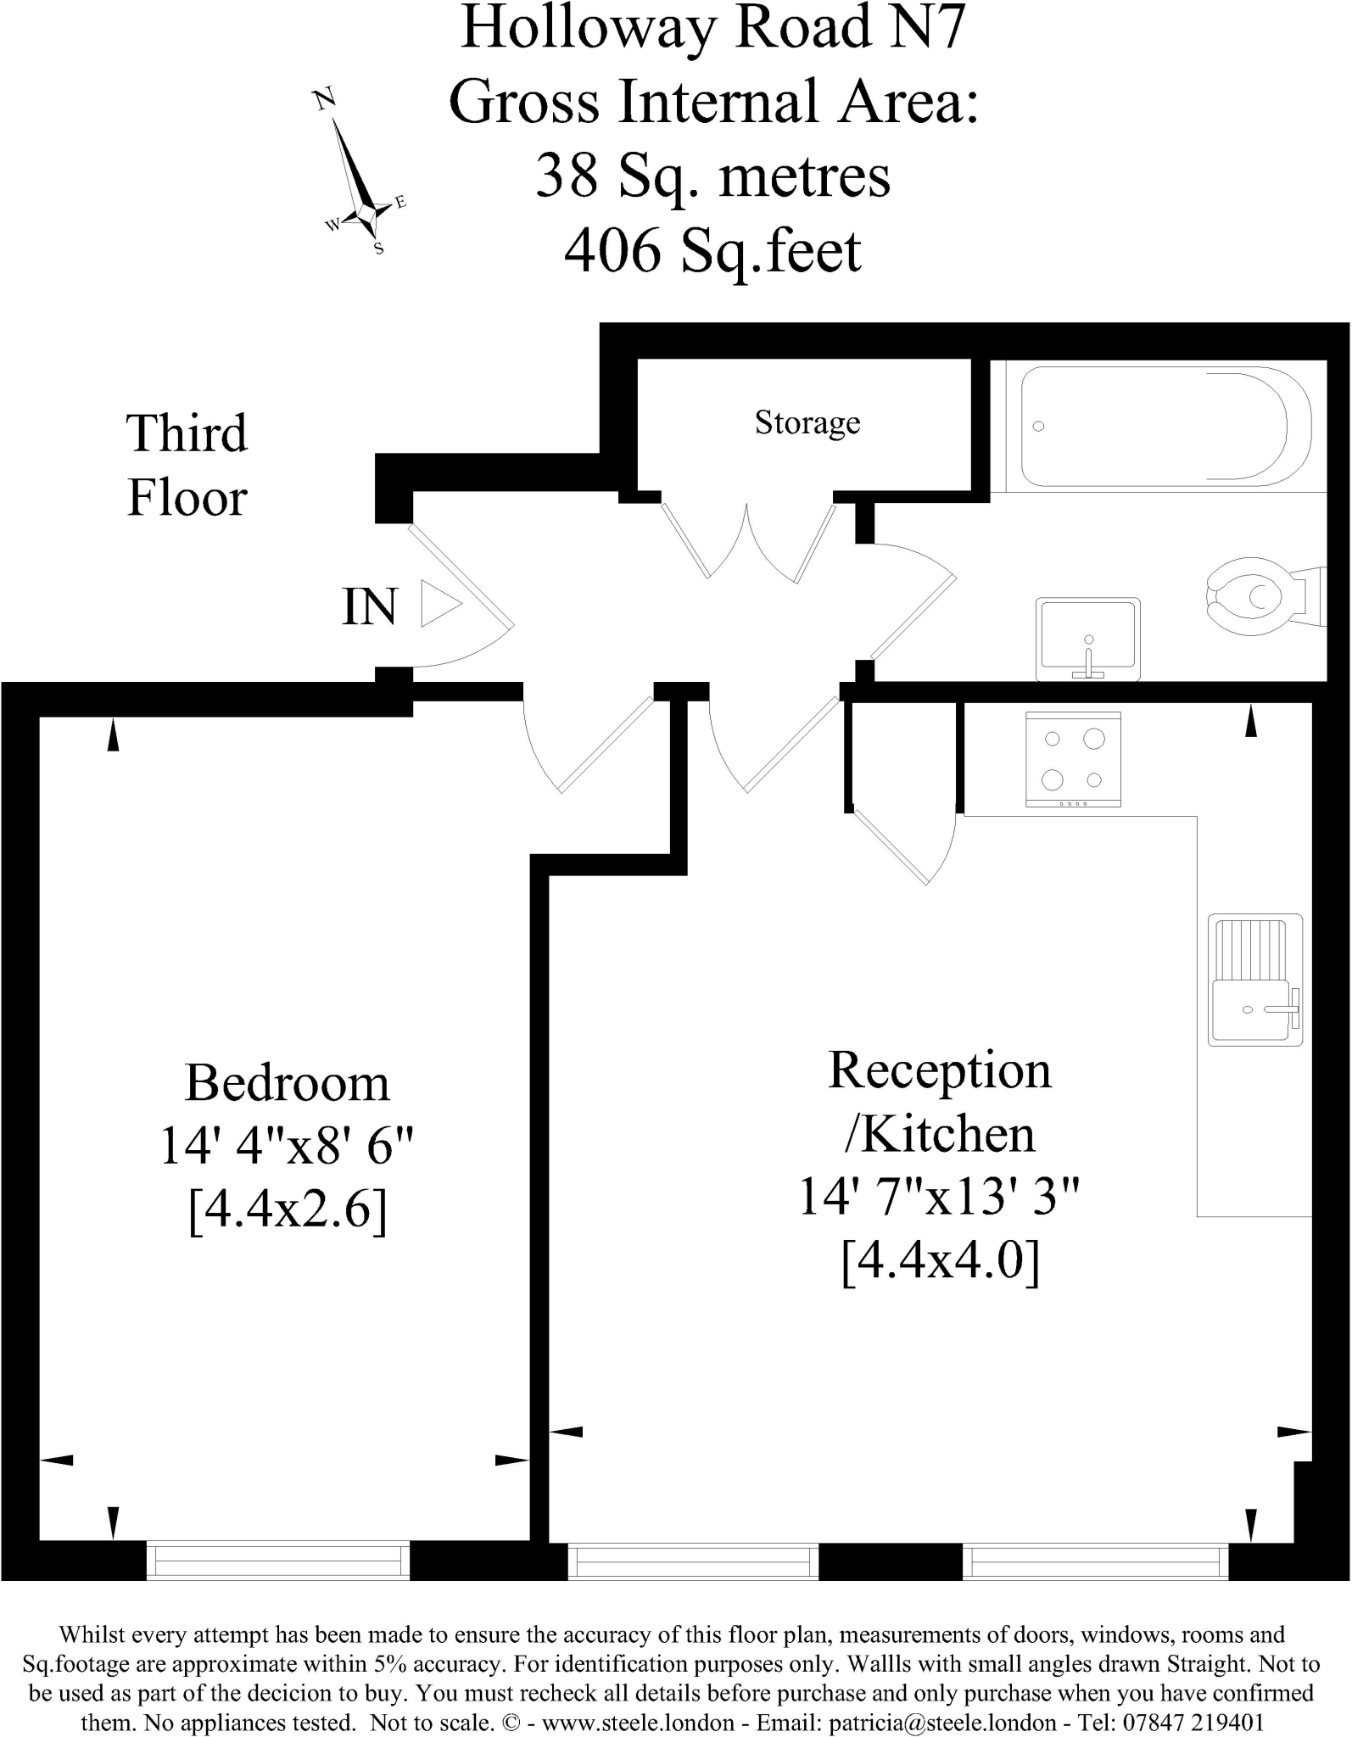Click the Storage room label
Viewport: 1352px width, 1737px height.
pyautogui.click(x=807, y=422)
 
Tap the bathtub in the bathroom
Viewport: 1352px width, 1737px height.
pyautogui.click(x=1165, y=427)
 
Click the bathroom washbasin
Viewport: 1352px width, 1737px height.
pyautogui.click(x=1087, y=638)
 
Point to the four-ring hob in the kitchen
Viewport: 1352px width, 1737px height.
pyautogui.click(x=1073, y=758)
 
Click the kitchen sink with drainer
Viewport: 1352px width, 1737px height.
pyautogui.click(x=1254, y=980)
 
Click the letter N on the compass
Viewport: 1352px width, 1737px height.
pyautogui.click(x=324, y=99)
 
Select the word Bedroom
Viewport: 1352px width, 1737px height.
pyautogui.click(x=287, y=1083)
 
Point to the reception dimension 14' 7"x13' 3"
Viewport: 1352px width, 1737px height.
pyautogui.click(x=939, y=1197)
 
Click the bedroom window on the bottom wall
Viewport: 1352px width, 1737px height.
pyautogui.click(x=278, y=1559)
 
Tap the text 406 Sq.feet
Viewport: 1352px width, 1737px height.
pyautogui.click(x=712, y=251)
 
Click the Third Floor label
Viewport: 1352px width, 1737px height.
pyautogui.click(x=187, y=465)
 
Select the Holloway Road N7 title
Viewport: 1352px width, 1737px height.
pyautogui.click(x=712, y=27)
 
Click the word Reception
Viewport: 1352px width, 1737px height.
pyautogui.click(x=939, y=1070)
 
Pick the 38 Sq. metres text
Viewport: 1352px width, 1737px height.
pyautogui.click(x=712, y=176)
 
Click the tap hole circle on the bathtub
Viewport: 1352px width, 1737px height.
pyautogui.click(x=1038, y=427)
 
